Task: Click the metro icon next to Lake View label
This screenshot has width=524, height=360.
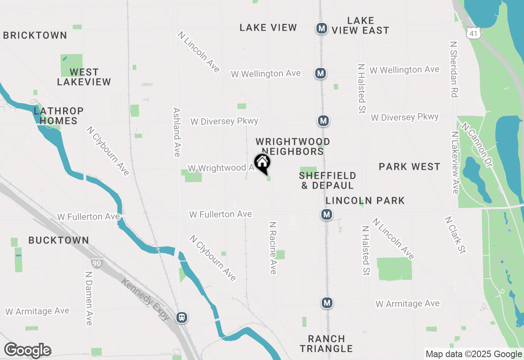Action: click(322, 28)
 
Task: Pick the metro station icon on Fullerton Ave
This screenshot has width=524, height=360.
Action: click(326, 214)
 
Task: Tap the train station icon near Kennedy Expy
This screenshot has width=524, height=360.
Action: click(182, 317)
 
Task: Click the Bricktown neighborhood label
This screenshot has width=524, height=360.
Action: click(35, 35)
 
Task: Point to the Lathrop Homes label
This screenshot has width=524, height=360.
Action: click(59, 116)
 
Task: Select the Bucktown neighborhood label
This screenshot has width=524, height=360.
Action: click(59, 240)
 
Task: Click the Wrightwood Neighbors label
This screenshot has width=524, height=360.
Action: click(293, 146)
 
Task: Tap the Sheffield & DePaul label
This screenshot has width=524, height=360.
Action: click(327, 180)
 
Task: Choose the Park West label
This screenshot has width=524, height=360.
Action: click(409, 166)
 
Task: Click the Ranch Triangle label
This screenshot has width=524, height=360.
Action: click(326, 344)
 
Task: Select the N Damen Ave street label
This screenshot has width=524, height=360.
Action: click(89, 298)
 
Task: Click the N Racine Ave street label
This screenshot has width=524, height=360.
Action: click(273, 248)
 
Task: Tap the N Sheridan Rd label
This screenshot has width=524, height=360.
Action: click(453, 69)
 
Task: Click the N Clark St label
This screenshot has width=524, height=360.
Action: click(456, 235)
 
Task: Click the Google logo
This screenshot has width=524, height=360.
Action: click(27, 351)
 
